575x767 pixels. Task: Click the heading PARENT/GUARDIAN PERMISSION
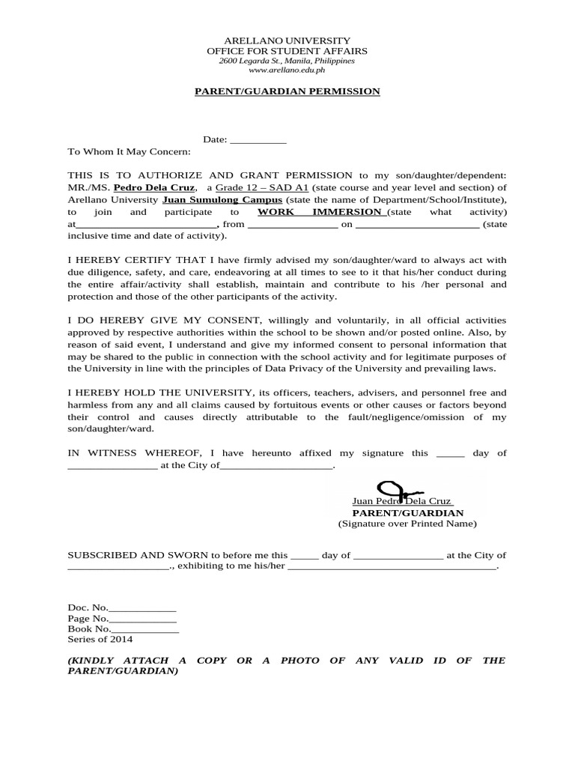[x=287, y=91]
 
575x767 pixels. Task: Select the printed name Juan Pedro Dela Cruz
[x=402, y=502]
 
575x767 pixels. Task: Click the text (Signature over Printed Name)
[x=407, y=524]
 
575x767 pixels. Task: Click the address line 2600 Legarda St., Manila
[x=287, y=61]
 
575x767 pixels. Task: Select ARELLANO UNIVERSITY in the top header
[x=287, y=40]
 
